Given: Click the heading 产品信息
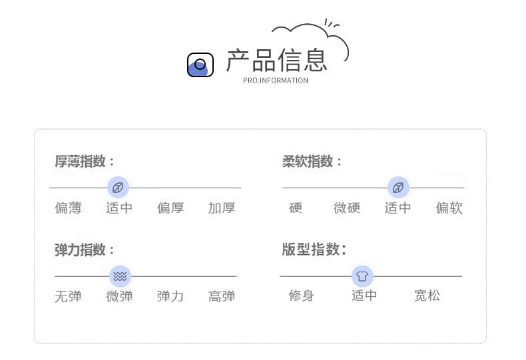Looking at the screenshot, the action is tap(276, 61).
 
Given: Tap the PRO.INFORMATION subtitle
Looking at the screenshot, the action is tap(276, 81).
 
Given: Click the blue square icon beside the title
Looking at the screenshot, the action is tap(200, 65).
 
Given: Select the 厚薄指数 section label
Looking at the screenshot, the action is tap(84, 161).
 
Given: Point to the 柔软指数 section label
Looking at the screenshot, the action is tap(312, 161).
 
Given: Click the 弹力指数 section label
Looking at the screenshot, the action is tap(84, 250).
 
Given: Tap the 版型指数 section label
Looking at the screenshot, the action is tap(314, 250).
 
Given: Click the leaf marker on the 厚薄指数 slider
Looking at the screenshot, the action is tap(118, 188).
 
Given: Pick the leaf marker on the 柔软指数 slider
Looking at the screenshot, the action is tap(399, 188).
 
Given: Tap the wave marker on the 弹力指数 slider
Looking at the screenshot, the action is tap(120, 276).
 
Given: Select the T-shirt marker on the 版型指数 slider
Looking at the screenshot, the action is tap(362, 276).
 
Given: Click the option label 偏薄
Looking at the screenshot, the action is tap(68, 208).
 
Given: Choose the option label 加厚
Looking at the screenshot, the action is tap(222, 208).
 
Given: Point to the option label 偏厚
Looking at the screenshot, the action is tap(170, 208).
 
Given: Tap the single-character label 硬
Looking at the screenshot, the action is tap(296, 208).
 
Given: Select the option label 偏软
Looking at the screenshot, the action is tap(449, 208).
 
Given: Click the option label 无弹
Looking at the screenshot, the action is tap(68, 296).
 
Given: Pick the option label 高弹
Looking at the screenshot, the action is tap(222, 296).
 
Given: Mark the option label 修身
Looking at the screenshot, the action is tap(301, 295).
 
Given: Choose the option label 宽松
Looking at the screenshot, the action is tap(427, 295).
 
